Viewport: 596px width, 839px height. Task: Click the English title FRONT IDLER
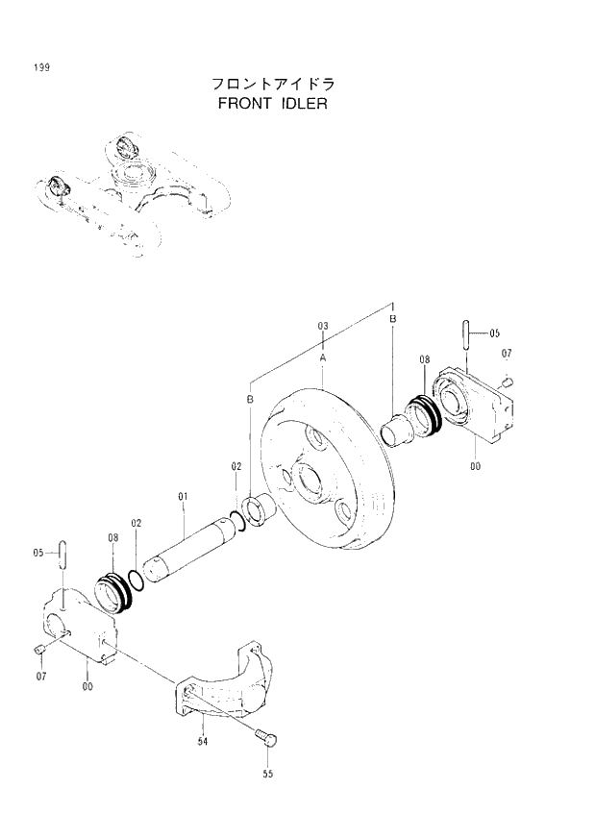click(x=273, y=102)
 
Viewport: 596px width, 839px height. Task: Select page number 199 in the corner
click(x=40, y=67)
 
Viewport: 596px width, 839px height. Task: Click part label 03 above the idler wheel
click(x=323, y=327)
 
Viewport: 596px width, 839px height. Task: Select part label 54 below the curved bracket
click(x=204, y=740)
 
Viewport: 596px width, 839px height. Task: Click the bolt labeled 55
click(x=267, y=738)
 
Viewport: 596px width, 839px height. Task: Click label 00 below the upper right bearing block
click(x=475, y=467)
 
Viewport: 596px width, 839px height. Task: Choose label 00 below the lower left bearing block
click(x=87, y=685)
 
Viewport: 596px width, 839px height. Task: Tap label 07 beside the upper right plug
click(x=507, y=353)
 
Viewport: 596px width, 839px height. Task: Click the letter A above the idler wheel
click(x=323, y=356)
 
